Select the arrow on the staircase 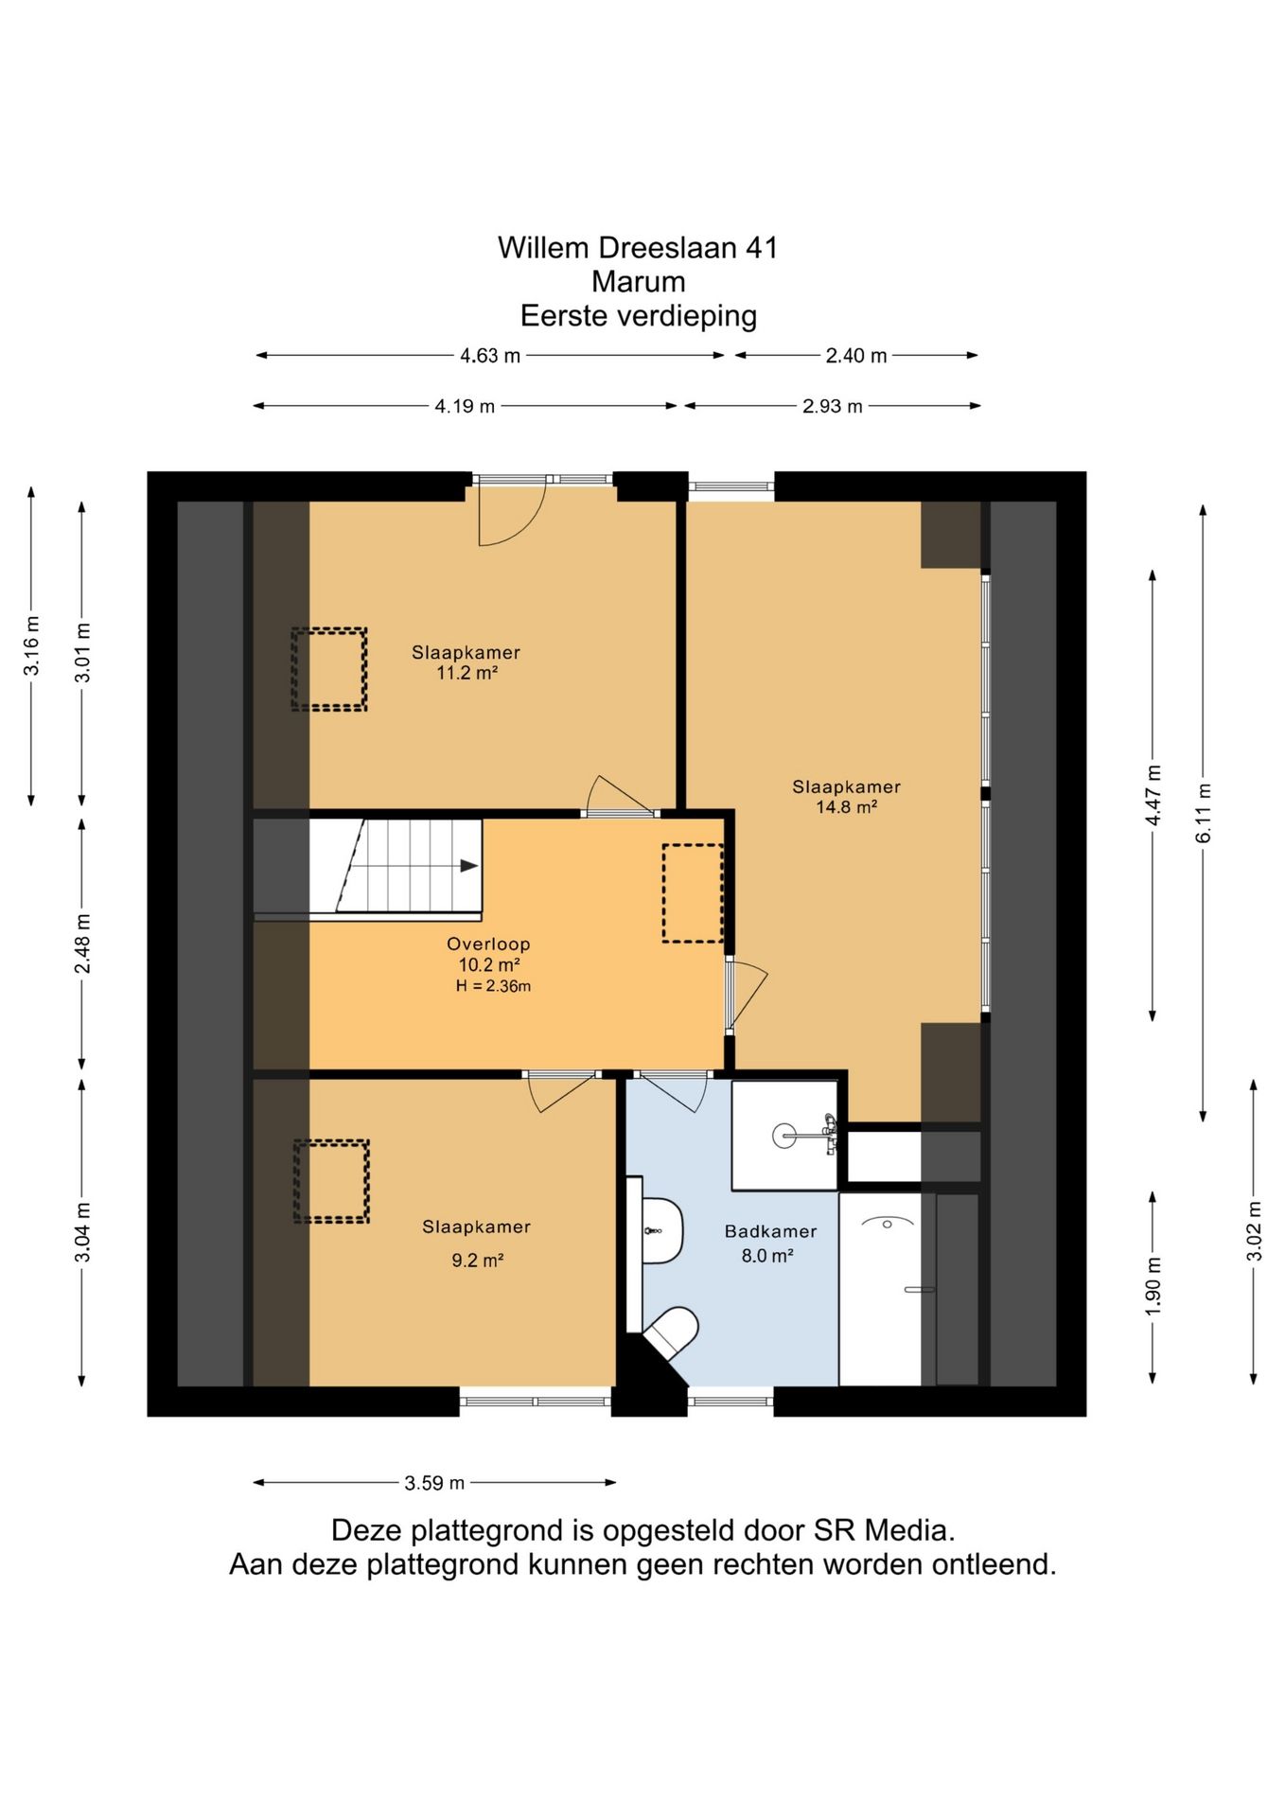point(468,865)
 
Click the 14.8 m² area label point(846,807)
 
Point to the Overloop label point(488,944)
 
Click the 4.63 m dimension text point(490,356)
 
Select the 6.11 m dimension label point(1204,813)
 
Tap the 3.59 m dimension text point(434,1483)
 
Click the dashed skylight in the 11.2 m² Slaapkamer point(328,669)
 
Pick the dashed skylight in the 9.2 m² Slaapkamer point(331,1181)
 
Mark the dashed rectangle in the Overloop point(693,892)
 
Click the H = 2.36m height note point(493,986)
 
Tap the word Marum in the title point(639,281)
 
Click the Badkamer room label point(770,1231)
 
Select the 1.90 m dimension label point(1153,1286)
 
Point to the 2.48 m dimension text point(83,943)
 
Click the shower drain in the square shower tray point(784,1135)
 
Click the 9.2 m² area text point(477,1261)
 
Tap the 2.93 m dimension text point(833,407)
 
